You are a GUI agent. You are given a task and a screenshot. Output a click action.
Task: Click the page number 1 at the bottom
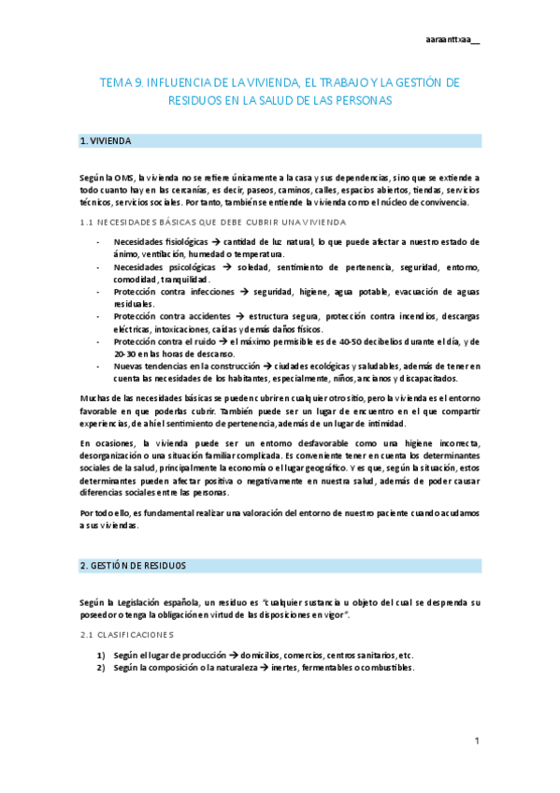[x=476, y=741]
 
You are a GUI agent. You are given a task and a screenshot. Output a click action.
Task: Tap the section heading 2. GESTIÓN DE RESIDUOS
[x=134, y=566]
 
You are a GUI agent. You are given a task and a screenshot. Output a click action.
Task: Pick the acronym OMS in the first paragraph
[x=123, y=177]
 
